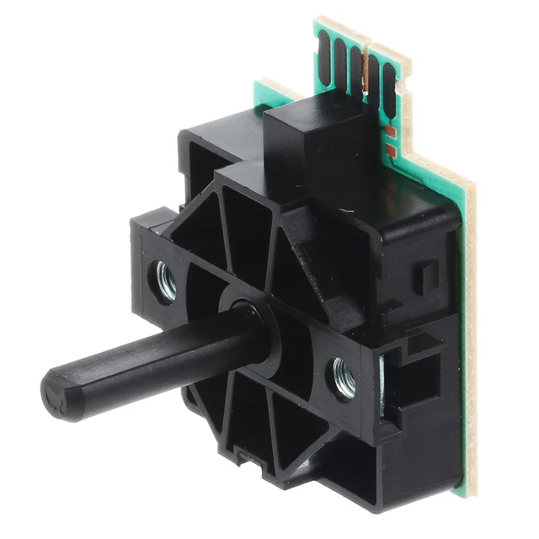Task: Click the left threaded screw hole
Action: pyautogui.click(x=165, y=280)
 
